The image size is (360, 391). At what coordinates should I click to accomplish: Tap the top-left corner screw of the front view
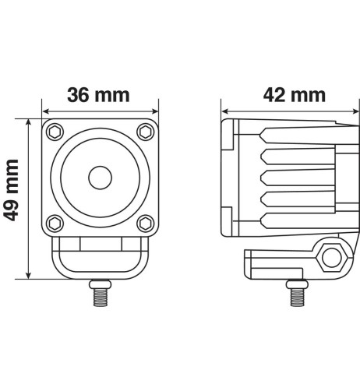click(53, 130)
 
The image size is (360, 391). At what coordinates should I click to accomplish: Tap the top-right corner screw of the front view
click(145, 130)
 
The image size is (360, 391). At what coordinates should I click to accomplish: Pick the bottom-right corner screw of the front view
click(145, 223)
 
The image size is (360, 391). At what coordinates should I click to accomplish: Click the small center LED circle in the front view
click(99, 177)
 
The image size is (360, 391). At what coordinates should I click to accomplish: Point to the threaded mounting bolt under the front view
click(99, 294)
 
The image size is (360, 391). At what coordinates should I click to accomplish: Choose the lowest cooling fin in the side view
click(297, 221)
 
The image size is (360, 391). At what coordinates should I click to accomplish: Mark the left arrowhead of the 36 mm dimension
click(45, 109)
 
